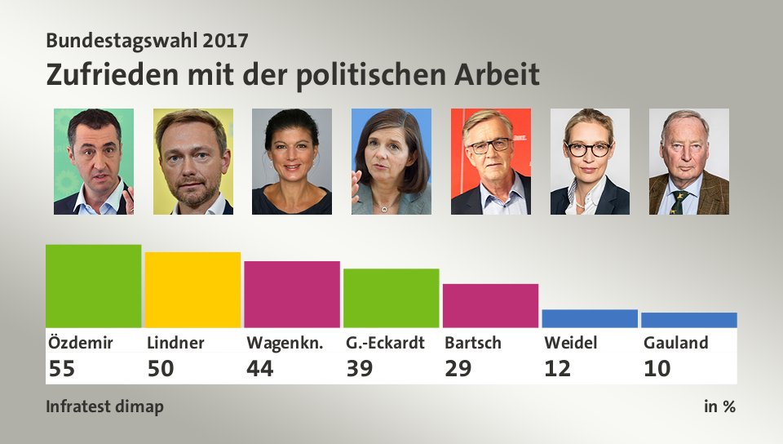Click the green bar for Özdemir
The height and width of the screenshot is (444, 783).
tap(93, 286)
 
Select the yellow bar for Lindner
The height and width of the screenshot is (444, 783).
tap(192, 290)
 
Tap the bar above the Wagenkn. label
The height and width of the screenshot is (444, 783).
tap(292, 294)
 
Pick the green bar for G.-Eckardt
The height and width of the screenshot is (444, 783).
tap(391, 298)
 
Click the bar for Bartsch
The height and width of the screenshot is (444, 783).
tap(490, 305)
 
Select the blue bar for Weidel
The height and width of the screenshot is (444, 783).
tap(590, 318)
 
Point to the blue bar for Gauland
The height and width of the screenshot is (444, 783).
tap(689, 320)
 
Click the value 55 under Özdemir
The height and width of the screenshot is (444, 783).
tap(61, 369)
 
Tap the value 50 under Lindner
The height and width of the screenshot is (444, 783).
tap(161, 369)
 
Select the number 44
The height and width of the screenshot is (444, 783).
tap(260, 369)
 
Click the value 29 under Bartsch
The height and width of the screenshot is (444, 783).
tap(458, 369)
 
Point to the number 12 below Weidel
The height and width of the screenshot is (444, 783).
tap(558, 369)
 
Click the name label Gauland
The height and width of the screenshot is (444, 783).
tap(675, 343)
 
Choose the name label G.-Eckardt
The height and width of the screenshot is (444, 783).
tap(385, 343)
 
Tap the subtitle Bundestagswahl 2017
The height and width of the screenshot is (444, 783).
tap(148, 39)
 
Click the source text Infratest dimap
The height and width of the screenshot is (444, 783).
tap(104, 406)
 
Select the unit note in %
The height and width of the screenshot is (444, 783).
tap(719, 406)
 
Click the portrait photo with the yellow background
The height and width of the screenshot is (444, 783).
tap(193, 162)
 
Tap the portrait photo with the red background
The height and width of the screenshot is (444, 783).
tap(490, 162)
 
